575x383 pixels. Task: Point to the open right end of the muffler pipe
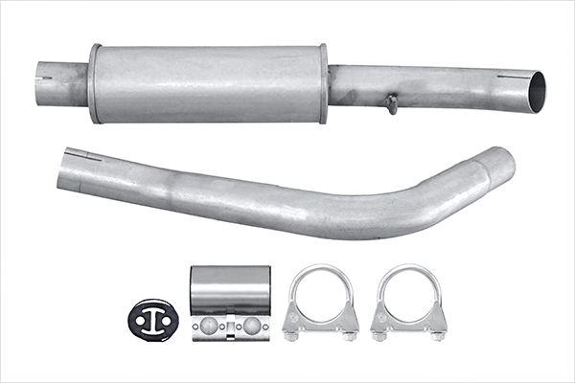(x=536, y=91)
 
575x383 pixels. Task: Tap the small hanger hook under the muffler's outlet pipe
(x=392, y=103)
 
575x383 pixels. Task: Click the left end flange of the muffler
(x=95, y=83)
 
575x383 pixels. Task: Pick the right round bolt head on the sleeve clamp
(x=251, y=326)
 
